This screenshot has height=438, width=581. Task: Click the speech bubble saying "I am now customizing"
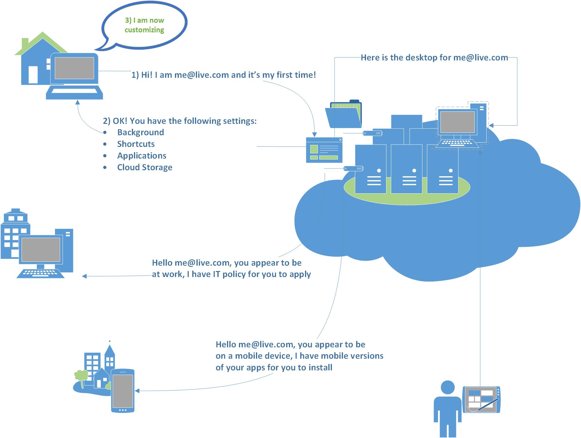[144, 25]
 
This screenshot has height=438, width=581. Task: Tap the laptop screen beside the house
[74, 68]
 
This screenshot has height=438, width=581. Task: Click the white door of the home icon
[33, 74]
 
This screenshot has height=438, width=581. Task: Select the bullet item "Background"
[140, 132]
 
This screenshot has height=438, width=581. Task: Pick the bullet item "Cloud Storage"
[144, 167]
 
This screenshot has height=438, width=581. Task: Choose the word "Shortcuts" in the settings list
[136, 144]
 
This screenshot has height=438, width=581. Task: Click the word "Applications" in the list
[141, 156]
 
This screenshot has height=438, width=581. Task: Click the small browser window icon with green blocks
[324, 150]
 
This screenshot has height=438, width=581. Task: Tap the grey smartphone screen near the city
[123, 390]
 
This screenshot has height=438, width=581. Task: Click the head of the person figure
[448, 388]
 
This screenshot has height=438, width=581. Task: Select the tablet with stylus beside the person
[481, 400]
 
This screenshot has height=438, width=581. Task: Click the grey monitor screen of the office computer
[41, 250]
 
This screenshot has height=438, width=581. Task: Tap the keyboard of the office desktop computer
[40, 273]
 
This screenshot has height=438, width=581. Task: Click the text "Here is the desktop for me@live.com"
[434, 57]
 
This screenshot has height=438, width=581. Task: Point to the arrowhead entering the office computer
[85, 276]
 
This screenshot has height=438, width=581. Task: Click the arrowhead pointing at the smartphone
[137, 391]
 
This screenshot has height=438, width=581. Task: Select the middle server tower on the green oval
[406, 169]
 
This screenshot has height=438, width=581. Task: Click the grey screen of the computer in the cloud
[458, 122]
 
